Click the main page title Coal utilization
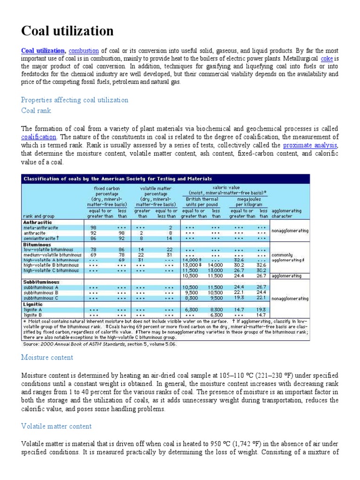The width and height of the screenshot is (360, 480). pyautogui.click(x=67, y=31)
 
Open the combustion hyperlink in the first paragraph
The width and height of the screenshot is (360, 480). pyautogui.click(x=84, y=51)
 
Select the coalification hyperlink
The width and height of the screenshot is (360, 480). pyautogui.click(x=39, y=137)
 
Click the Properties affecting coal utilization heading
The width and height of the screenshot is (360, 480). pyautogui.click(x=75, y=100)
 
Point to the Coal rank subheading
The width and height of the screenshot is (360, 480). pyautogui.click(x=36, y=111)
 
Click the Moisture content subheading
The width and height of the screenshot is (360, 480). pyautogui.click(x=47, y=357)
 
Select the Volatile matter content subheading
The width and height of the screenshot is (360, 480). pyautogui.click(x=56, y=426)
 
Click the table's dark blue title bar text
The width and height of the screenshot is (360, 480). pyautogui.click(x=118, y=179)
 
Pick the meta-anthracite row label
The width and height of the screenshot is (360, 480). pyautogui.click(x=41, y=227)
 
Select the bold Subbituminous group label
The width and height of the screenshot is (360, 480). pyautogui.click(x=41, y=282)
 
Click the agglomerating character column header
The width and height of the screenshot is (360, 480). pyautogui.click(x=286, y=214)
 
